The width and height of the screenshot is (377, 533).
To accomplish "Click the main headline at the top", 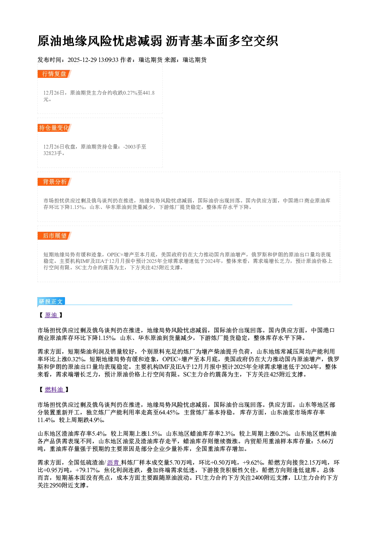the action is click(x=158, y=41).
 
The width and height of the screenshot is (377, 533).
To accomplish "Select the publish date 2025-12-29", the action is click(x=82, y=60).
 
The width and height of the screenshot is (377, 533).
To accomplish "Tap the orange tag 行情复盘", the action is click(x=54, y=74).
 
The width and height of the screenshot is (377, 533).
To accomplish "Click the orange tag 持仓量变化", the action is click(x=54, y=128).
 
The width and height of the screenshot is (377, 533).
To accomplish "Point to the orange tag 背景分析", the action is click(x=54, y=182).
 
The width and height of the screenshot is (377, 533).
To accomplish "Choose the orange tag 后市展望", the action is click(x=54, y=236).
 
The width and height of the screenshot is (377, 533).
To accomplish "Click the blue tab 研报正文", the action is click(x=51, y=302).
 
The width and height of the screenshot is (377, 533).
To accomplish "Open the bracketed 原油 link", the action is click(x=51, y=315).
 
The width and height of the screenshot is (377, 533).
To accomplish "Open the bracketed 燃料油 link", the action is click(x=54, y=389).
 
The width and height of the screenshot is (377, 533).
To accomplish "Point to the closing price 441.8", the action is click(x=149, y=93).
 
